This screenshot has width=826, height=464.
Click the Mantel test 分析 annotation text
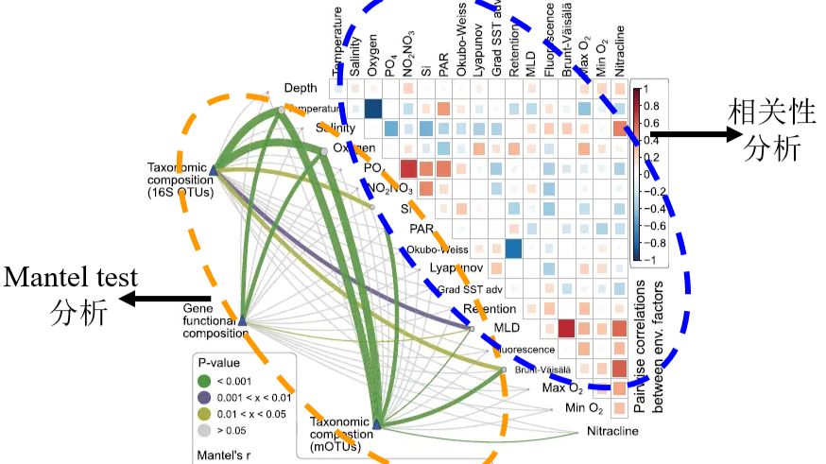tap(72, 296)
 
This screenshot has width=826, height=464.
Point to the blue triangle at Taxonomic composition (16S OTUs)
tap(214, 171)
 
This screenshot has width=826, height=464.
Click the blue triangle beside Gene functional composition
tap(243, 321)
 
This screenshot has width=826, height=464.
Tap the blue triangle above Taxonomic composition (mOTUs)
tap(376, 425)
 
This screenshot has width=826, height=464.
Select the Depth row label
tap(301, 88)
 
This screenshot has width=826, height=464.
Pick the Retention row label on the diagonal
tap(490, 309)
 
